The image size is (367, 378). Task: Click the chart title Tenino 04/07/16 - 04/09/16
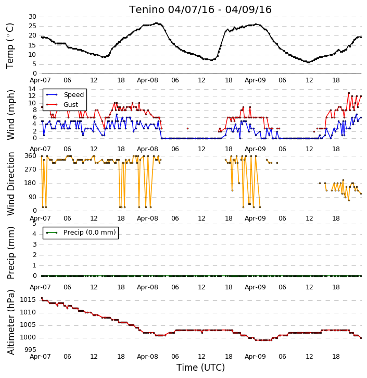(x=200, y=9)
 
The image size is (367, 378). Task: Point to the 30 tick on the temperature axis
(x=32, y=17)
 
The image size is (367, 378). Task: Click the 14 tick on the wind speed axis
(x=32, y=89)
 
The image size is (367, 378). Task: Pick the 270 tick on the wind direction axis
(x=31, y=169)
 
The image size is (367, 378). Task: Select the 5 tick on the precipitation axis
(x=34, y=224)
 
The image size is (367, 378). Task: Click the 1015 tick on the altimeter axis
(x=28, y=300)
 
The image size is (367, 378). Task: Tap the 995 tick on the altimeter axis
(x=30, y=350)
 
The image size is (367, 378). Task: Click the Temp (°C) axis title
(x=10, y=46)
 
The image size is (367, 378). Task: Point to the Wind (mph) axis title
(x=11, y=115)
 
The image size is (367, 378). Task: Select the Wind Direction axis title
(x=11, y=184)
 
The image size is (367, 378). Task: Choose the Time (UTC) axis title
(x=200, y=368)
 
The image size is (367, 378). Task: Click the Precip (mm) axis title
(x=11, y=253)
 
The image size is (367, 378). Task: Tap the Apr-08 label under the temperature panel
(x=147, y=80)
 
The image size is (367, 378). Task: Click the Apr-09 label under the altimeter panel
(x=255, y=356)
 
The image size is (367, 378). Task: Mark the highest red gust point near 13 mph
(x=349, y=93)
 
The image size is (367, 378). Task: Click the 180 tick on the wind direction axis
(x=31, y=183)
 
